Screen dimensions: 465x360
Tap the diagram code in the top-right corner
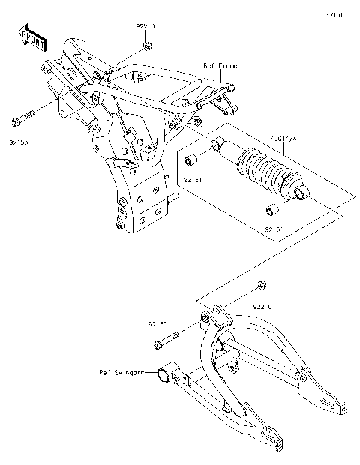point(334,14)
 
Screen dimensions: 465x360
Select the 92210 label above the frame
point(145,26)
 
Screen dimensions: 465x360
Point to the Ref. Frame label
point(220,66)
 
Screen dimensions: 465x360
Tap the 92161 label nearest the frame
point(193,180)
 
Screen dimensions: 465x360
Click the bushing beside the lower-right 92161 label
point(275,208)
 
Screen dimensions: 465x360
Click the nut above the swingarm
point(260,284)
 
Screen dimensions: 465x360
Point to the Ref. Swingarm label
point(123,371)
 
